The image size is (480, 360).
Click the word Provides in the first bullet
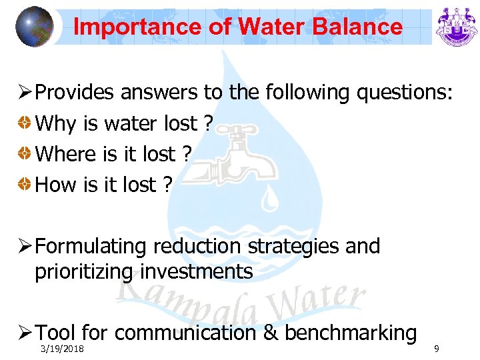coord(75,93)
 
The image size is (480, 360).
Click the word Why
coord(56,123)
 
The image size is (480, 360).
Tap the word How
coord(57,185)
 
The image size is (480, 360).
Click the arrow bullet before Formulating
coord(25,247)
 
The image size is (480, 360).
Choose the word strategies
coord(295,247)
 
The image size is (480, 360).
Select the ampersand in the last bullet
coord(271,333)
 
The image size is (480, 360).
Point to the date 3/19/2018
coord(61,349)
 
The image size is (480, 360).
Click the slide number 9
coord(436,348)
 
